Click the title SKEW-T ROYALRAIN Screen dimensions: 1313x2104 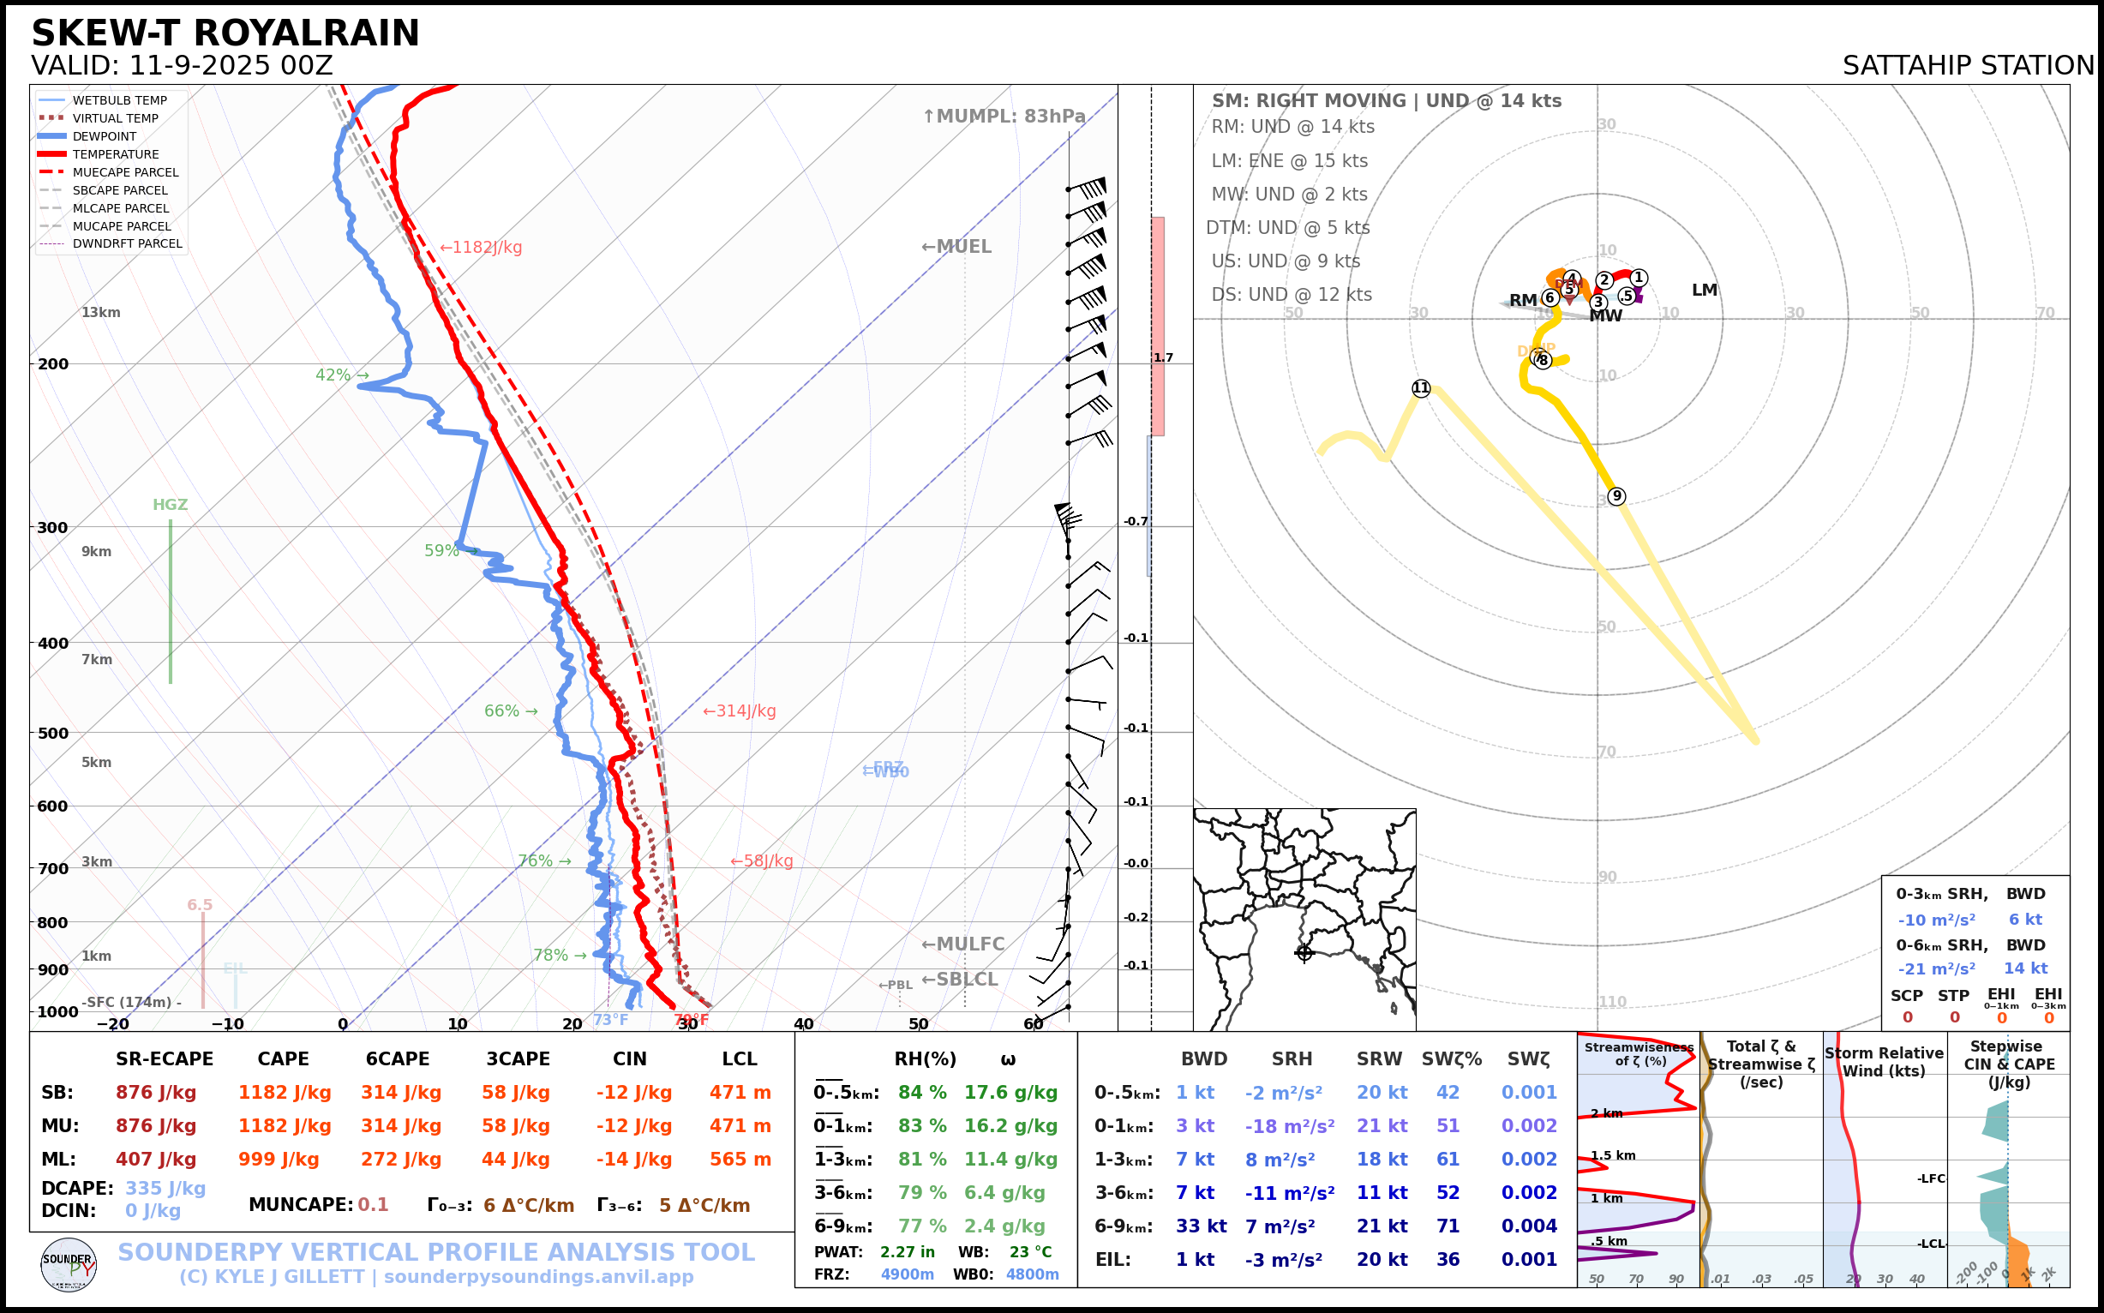tap(225, 33)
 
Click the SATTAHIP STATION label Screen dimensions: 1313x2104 tap(1968, 65)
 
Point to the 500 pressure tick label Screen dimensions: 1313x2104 tap(53, 733)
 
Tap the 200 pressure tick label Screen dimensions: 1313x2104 tap(53, 364)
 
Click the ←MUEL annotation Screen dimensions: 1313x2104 tap(956, 247)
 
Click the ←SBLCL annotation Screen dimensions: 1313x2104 tap(960, 979)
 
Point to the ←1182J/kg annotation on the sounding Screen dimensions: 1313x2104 tap(480, 248)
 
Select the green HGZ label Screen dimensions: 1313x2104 tap(171, 505)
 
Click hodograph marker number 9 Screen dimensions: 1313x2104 tap(1616, 496)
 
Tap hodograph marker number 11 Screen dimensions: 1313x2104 tap(1421, 388)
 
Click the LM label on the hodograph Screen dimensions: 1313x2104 tap(1704, 290)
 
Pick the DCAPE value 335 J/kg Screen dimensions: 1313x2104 tap(165, 1188)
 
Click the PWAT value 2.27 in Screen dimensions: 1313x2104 tap(908, 1252)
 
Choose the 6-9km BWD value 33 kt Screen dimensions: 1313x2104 tap(1201, 1226)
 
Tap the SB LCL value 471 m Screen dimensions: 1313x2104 tap(740, 1093)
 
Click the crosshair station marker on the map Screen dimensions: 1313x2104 tap(1304, 953)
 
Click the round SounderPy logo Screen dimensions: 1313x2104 tap(69, 1264)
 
